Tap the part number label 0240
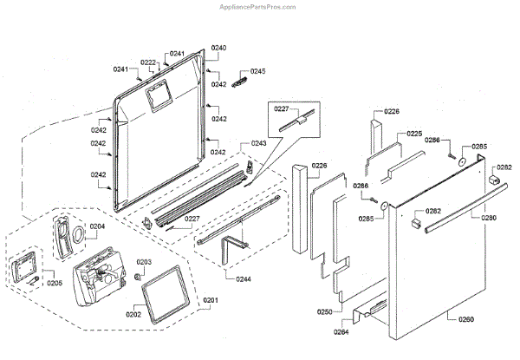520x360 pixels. click(218, 47)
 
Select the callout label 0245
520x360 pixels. click(258, 71)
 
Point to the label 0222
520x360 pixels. click(148, 62)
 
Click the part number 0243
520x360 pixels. click(258, 142)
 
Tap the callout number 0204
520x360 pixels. click(97, 226)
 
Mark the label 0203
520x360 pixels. click(144, 261)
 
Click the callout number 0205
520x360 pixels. click(55, 283)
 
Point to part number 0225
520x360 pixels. click(414, 134)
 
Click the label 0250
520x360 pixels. click(324, 311)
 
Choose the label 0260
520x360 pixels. click(466, 320)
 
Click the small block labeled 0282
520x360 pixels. click(495, 180)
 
